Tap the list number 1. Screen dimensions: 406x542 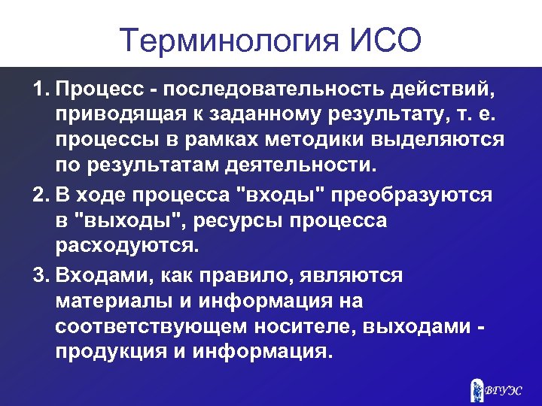click(39, 91)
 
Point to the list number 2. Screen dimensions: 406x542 click(40, 195)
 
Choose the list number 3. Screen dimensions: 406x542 click(40, 276)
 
